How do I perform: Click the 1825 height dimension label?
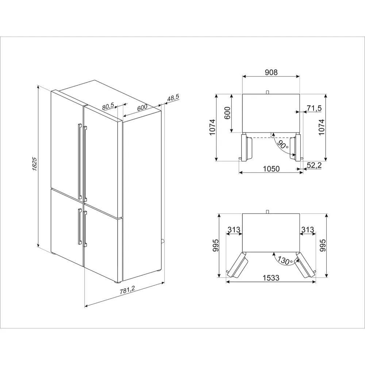[34, 164]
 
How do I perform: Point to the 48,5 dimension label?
[173, 98]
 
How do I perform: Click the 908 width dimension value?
[271, 72]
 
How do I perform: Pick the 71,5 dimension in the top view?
[314, 108]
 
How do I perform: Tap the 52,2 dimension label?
[314, 165]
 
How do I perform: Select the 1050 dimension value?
[271, 168]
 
